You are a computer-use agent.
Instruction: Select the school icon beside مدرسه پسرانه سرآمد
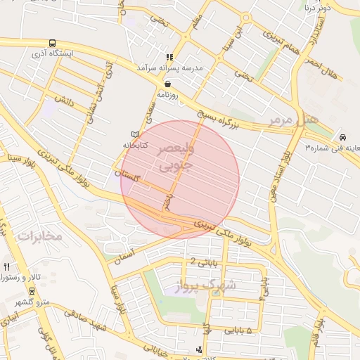169,58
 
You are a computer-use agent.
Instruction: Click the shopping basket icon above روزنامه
167,84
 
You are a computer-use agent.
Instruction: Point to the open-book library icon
136,134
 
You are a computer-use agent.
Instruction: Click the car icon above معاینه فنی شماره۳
342,137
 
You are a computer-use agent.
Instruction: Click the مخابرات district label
40,236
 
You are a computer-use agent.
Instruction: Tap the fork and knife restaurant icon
7,266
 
